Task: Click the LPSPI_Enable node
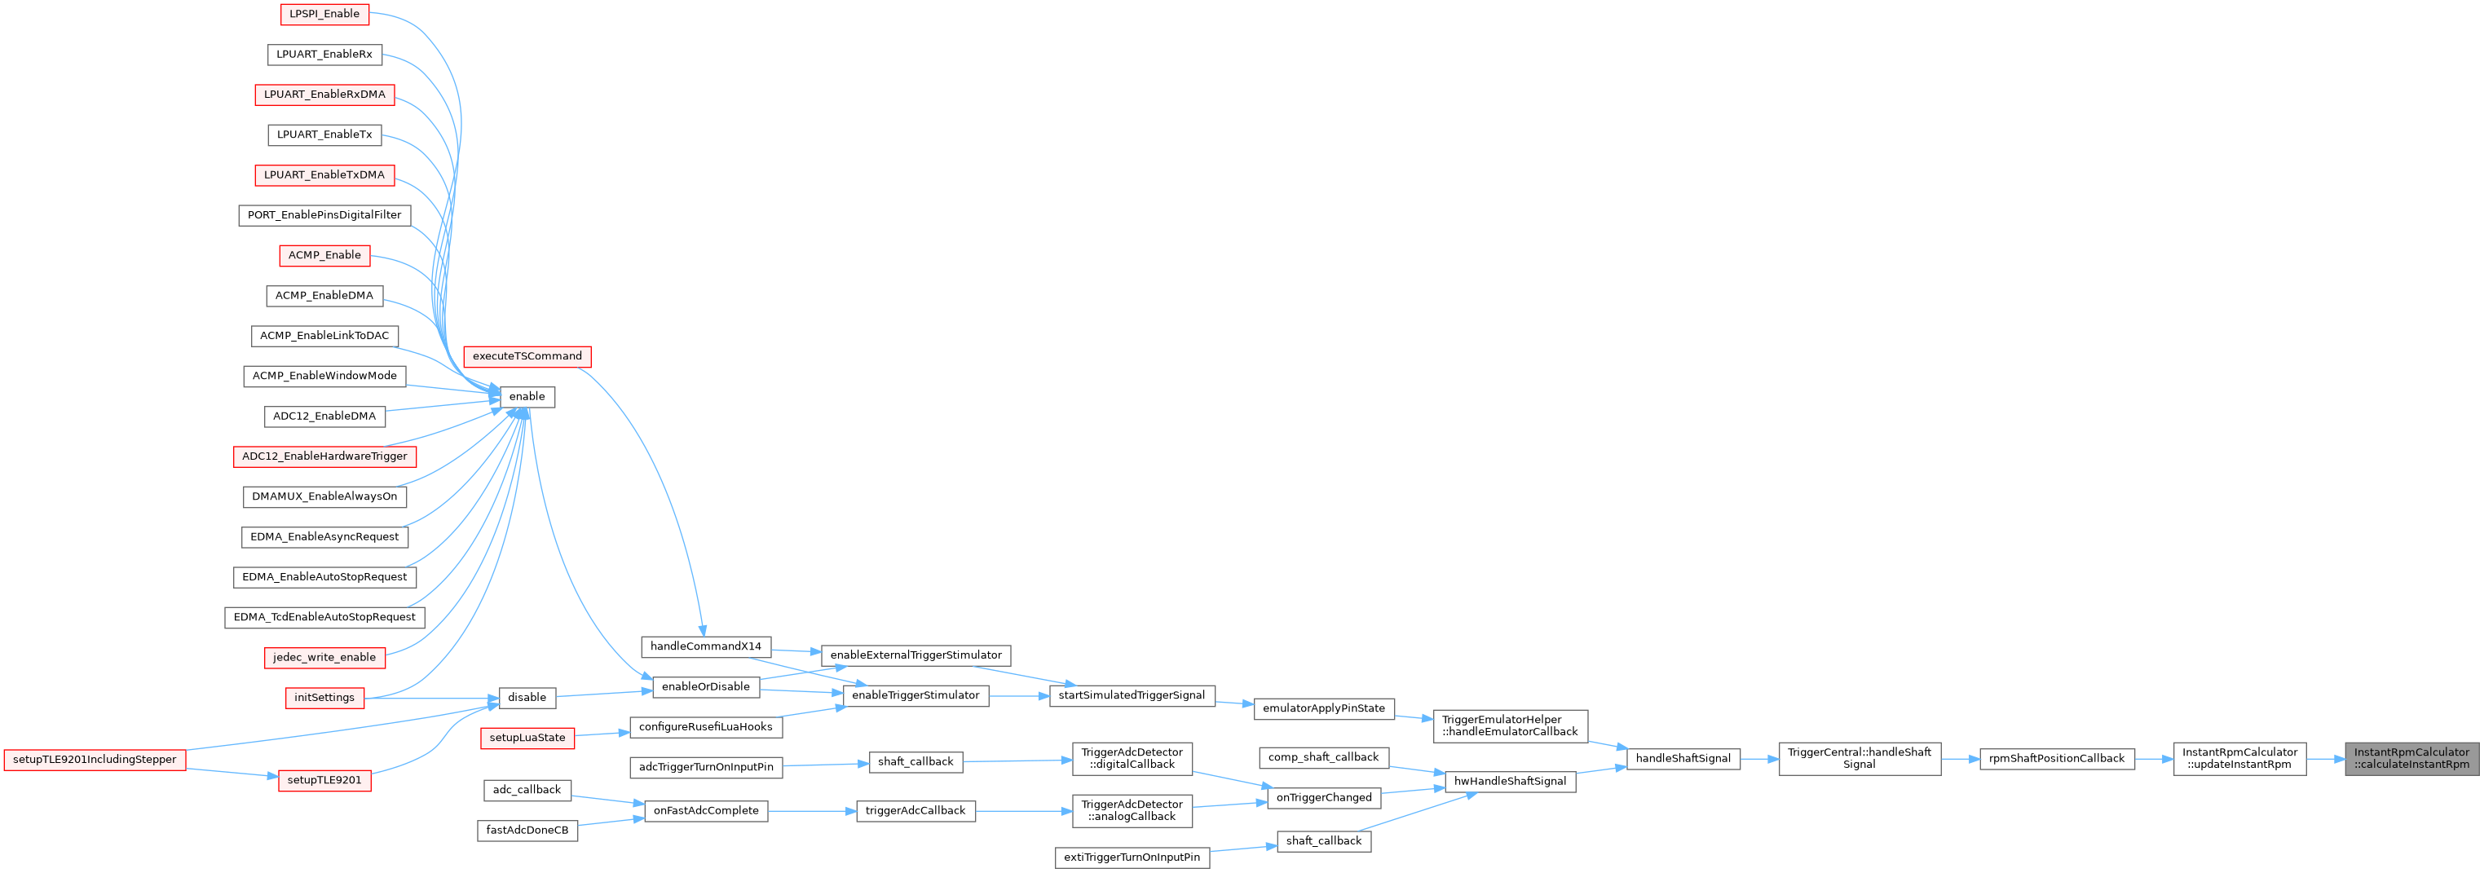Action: [x=324, y=15]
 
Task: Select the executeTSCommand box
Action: [x=527, y=357]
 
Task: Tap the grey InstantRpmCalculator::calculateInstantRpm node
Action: [x=2411, y=759]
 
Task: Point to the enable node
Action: [x=527, y=396]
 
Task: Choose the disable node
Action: [x=527, y=698]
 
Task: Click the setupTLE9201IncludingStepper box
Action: [x=95, y=759]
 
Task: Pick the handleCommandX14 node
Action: [x=706, y=646]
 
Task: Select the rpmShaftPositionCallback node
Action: [x=2057, y=758]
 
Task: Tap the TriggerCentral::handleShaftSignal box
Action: [x=1860, y=759]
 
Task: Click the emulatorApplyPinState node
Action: [x=1323, y=708]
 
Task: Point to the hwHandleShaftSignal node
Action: [x=1510, y=782]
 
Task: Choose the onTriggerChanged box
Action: [x=1324, y=798]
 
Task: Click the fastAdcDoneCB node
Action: [x=527, y=831]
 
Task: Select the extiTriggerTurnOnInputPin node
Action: [x=1132, y=858]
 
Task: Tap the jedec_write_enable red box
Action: [x=324, y=658]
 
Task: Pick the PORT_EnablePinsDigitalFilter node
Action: [x=324, y=215]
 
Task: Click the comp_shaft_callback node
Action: [x=1323, y=757]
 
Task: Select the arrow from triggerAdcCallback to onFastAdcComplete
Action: [x=812, y=811]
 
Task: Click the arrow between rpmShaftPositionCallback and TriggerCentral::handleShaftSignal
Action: [x=1961, y=759]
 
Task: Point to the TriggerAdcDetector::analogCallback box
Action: [x=1132, y=810]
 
